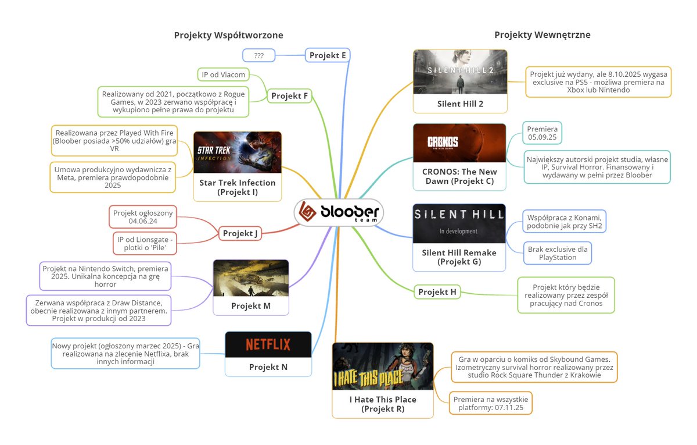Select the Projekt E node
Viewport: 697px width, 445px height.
[328, 55]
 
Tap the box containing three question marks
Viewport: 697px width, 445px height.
[259, 56]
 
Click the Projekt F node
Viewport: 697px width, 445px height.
[289, 95]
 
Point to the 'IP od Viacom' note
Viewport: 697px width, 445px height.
[224, 74]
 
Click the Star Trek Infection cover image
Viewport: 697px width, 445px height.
[237, 152]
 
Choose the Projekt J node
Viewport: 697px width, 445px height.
[240, 234]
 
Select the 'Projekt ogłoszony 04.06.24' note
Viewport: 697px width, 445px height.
[143, 217]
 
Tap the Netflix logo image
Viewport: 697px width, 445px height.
[268, 344]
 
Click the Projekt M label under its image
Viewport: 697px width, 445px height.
[251, 306]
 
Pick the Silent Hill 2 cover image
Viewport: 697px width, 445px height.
[460, 72]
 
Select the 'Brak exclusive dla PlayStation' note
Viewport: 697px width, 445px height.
[557, 253]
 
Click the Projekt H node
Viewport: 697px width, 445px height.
[437, 291]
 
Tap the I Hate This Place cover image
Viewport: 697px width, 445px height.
[383, 366]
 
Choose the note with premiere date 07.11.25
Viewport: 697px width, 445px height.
[491, 404]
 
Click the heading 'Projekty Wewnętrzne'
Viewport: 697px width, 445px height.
[542, 35]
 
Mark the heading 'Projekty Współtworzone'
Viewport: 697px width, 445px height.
[228, 35]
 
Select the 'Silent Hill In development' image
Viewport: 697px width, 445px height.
[459, 223]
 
